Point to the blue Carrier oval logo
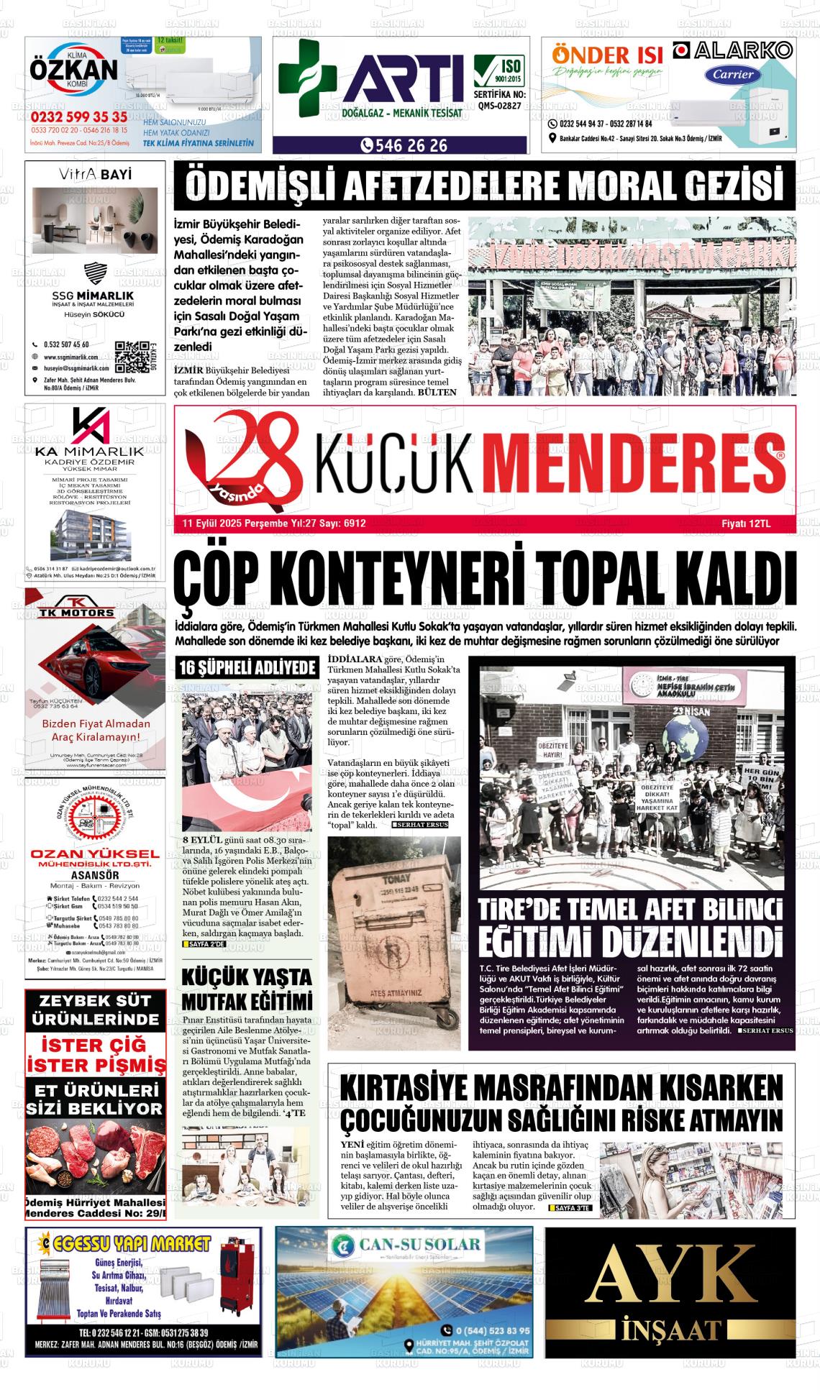[733, 74]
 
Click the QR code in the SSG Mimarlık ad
[132, 355]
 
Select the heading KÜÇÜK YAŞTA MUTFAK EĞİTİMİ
[247, 989]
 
